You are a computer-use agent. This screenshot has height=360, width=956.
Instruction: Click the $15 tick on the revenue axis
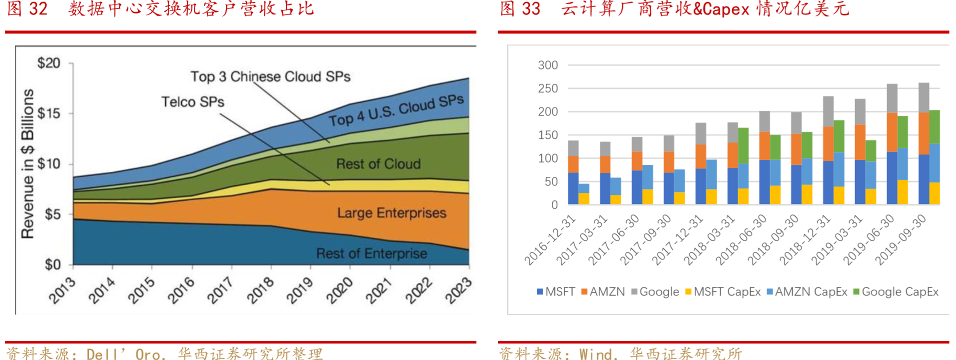click(49, 113)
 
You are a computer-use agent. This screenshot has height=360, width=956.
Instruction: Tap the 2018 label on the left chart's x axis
click(260, 290)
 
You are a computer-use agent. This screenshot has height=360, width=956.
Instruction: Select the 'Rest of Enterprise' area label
click(371, 253)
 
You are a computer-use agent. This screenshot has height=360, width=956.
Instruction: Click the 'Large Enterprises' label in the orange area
click(391, 213)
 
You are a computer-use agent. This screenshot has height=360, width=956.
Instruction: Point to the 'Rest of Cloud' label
click(378, 164)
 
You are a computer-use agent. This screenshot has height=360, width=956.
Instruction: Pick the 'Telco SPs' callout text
click(193, 102)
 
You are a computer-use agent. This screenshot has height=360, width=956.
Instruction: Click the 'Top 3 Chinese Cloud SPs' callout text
click(270, 76)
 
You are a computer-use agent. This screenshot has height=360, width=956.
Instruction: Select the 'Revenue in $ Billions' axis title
click(27, 163)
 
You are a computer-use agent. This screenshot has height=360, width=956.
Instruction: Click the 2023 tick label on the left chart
click(458, 290)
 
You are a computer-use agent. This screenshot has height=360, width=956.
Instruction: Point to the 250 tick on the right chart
click(548, 88)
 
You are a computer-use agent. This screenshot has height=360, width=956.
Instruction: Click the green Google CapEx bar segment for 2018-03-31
click(743, 145)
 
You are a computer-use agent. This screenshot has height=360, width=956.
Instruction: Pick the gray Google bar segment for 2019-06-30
click(892, 98)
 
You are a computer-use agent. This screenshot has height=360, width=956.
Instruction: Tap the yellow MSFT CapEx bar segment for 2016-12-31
click(584, 198)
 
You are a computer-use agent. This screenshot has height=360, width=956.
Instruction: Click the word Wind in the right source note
click(596, 354)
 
